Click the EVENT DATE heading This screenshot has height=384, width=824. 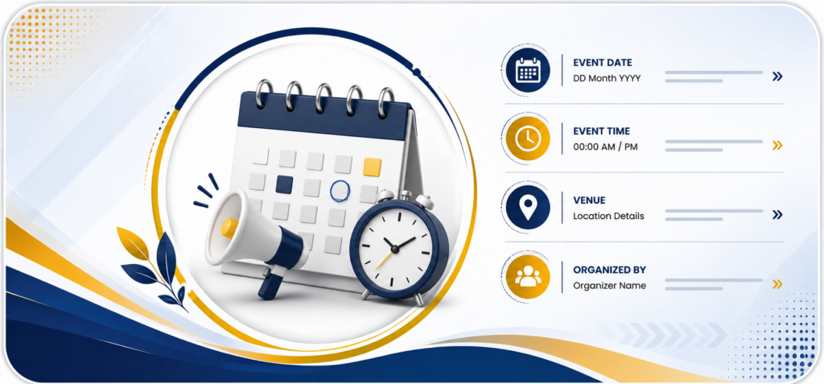[602, 63]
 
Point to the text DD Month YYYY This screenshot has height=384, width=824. [607, 78]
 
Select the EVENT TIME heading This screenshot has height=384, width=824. [601, 131]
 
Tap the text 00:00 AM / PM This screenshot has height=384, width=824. [605, 147]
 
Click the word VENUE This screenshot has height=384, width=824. [589, 200]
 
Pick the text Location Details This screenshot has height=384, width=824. [608, 217]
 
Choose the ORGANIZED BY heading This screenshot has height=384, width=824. [609, 270]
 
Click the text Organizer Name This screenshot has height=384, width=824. [610, 286]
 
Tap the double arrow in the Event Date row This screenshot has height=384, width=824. [777, 76]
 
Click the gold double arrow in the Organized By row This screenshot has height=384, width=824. [777, 285]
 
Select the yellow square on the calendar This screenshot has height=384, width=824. [372, 167]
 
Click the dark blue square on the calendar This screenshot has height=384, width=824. [284, 184]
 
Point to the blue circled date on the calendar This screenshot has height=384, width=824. [340, 191]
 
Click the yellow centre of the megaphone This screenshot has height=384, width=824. [229, 229]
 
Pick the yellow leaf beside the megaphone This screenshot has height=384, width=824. [134, 242]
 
